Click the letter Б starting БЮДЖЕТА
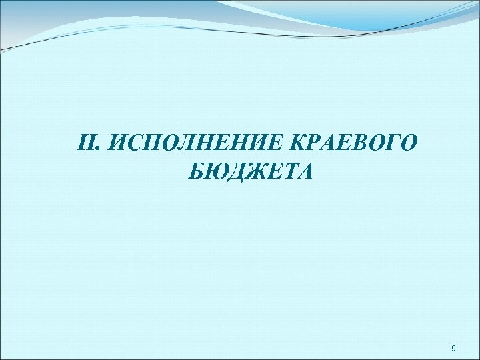click(197, 172)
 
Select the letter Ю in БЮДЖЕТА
click(216, 172)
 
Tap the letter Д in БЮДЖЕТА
click(237, 172)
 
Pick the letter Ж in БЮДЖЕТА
click(257, 172)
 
